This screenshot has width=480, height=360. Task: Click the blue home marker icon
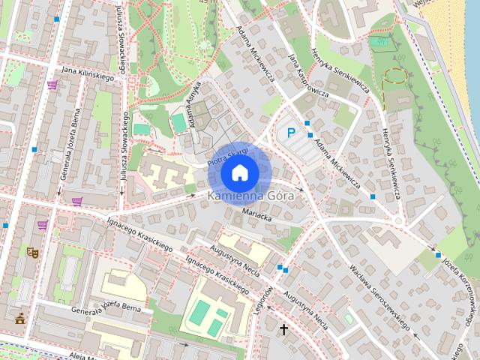point(239,172)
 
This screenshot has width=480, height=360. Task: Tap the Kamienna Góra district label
point(239,196)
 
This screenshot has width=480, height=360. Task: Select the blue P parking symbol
point(292,133)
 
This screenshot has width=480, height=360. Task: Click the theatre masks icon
point(32,253)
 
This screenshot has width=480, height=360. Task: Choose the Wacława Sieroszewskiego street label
point(377,295)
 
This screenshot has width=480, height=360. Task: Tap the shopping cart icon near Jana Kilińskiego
point(52,85)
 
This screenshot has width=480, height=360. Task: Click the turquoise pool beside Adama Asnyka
point(178,122)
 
